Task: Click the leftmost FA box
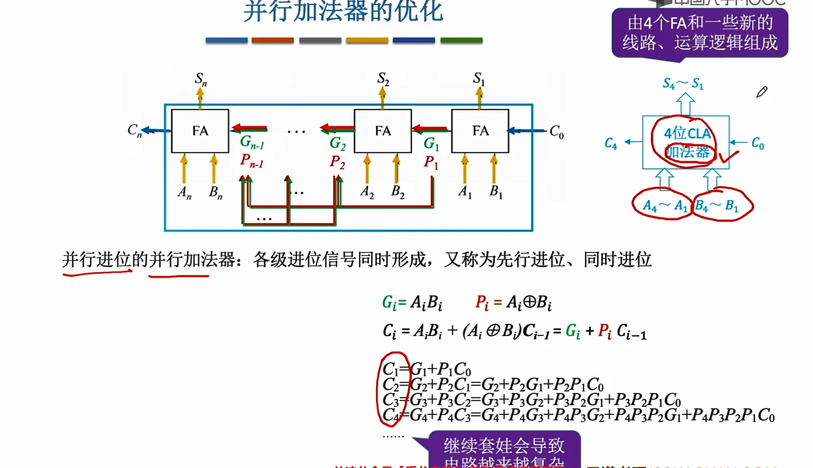pyautogui.click(x=200, y=131)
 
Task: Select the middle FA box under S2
pyautogui.click(x=383, y=131)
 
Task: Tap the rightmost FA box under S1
pyautogui.click(x=480, y=131)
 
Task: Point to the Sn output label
pyautogui.click(x=201, y=79)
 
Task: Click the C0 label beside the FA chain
pyautogui.click(x=556, y=131)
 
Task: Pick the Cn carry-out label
pyautogui.click(x=134, y=130)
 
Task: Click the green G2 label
pyautogui.click(x=338, y=144)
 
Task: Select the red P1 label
pyautogui.click(x=431, y=162)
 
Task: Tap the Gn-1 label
pyautogui.click(x=252, y=142)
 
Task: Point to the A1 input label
pyautogui.click(x=465, y=192)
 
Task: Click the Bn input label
pyautogui.click(x=215, y=193)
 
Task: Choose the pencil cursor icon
pyautogui.click(x=762, y=92)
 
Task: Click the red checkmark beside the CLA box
pyautogui.click(x=729, y=156)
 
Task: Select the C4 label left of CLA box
pyautogui.click(x=611, y=144)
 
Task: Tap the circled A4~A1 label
pyautogui.click(x=665, y=206)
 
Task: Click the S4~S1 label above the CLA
pyautogui.click(x=683, y=84)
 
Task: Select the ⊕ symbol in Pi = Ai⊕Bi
pyautogui.click(x=529, y=302)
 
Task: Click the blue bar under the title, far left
pyautogui.click(x=227, y=40)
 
